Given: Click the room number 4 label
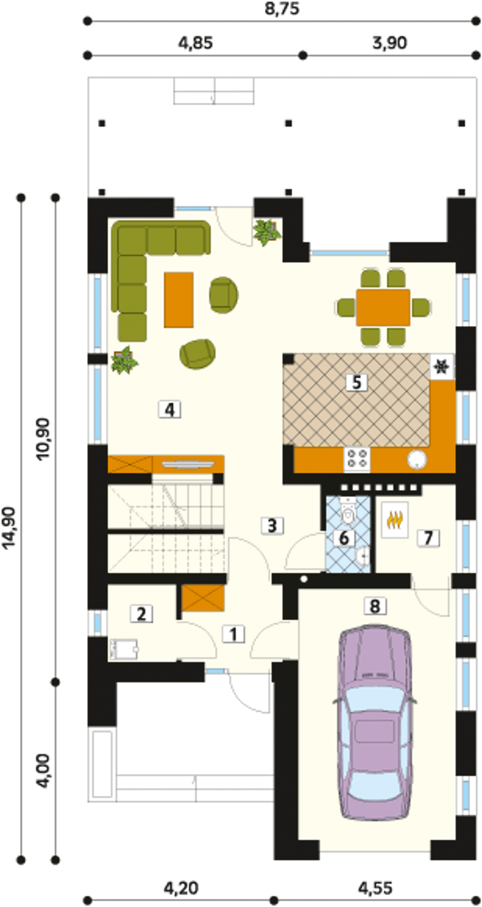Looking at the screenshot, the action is tap(170, 410).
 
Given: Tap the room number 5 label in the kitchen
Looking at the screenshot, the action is tap(357, 383).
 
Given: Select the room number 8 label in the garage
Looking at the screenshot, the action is tap(375, 606).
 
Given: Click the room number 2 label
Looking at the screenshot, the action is tap(141, 614).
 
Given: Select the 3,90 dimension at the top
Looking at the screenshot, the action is tap(390, 43).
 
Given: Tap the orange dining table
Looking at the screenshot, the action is tap(383, 307).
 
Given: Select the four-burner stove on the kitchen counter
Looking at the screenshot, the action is tap(357, 460).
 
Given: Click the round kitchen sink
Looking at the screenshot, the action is tap(417, 460).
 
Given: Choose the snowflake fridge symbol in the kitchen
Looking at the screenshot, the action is tap(442, 367).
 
